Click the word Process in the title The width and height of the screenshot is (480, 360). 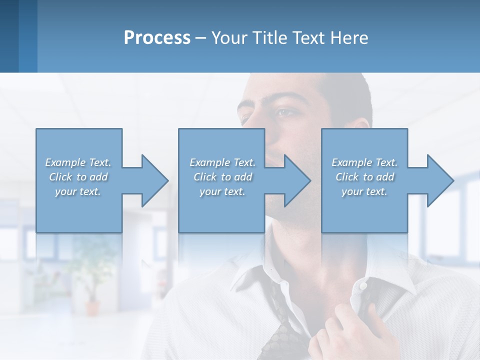157,38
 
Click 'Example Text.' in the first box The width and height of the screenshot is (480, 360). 78,162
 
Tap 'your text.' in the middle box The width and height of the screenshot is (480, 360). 222,191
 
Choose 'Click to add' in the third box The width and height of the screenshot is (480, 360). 364,177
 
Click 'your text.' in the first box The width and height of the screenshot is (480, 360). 78,191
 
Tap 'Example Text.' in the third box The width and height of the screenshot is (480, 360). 364,162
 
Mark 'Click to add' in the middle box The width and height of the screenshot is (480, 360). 222,177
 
